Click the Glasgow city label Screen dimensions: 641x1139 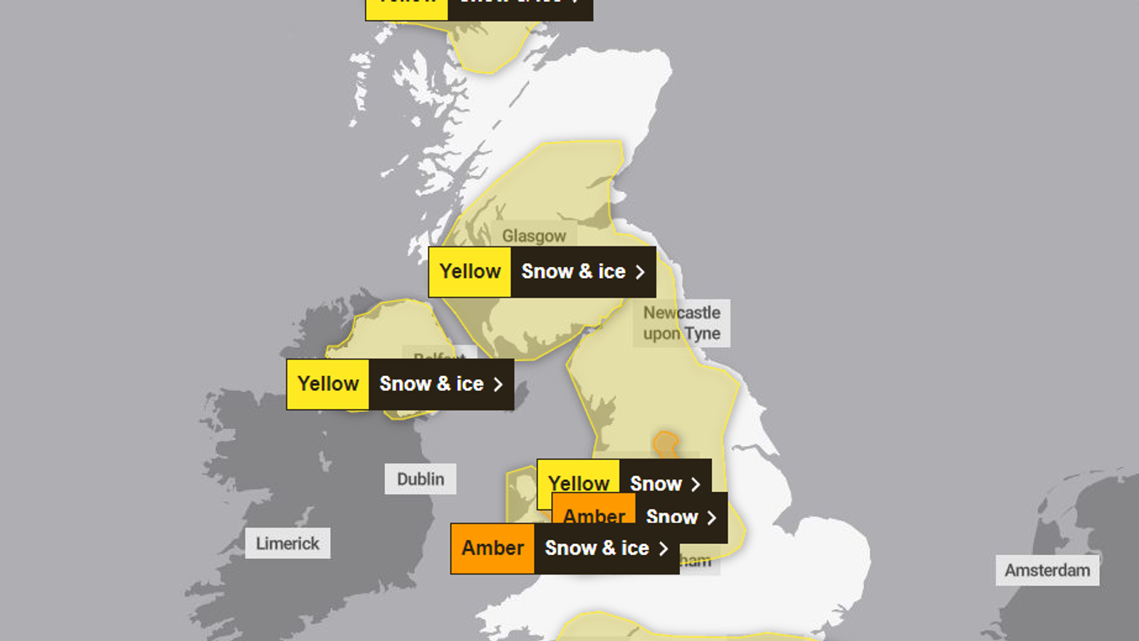(534, 236)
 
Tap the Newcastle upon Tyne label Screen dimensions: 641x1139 (681, 323)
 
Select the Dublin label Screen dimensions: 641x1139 (420, 479)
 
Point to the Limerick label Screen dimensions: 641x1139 (288, 543)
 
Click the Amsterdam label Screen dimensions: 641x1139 (1047, 570)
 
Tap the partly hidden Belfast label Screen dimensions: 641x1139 (438, 354)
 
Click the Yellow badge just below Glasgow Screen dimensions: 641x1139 (470, 271)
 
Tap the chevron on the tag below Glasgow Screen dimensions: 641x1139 (640, 272)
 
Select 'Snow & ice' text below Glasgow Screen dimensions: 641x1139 (573, 271)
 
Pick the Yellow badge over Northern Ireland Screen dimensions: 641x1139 (327, 384)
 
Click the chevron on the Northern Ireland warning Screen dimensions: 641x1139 (498, 385)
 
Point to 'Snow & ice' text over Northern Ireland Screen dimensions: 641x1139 (431, 384)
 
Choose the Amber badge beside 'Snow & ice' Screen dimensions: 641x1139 (493, 548)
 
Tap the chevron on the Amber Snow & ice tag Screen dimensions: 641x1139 (663, 549)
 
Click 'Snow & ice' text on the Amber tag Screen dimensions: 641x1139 (597, 548)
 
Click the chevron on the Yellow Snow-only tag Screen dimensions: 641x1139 (696, 484)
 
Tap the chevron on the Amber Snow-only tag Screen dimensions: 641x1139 (711, 518)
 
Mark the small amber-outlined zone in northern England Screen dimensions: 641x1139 (666, 444)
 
